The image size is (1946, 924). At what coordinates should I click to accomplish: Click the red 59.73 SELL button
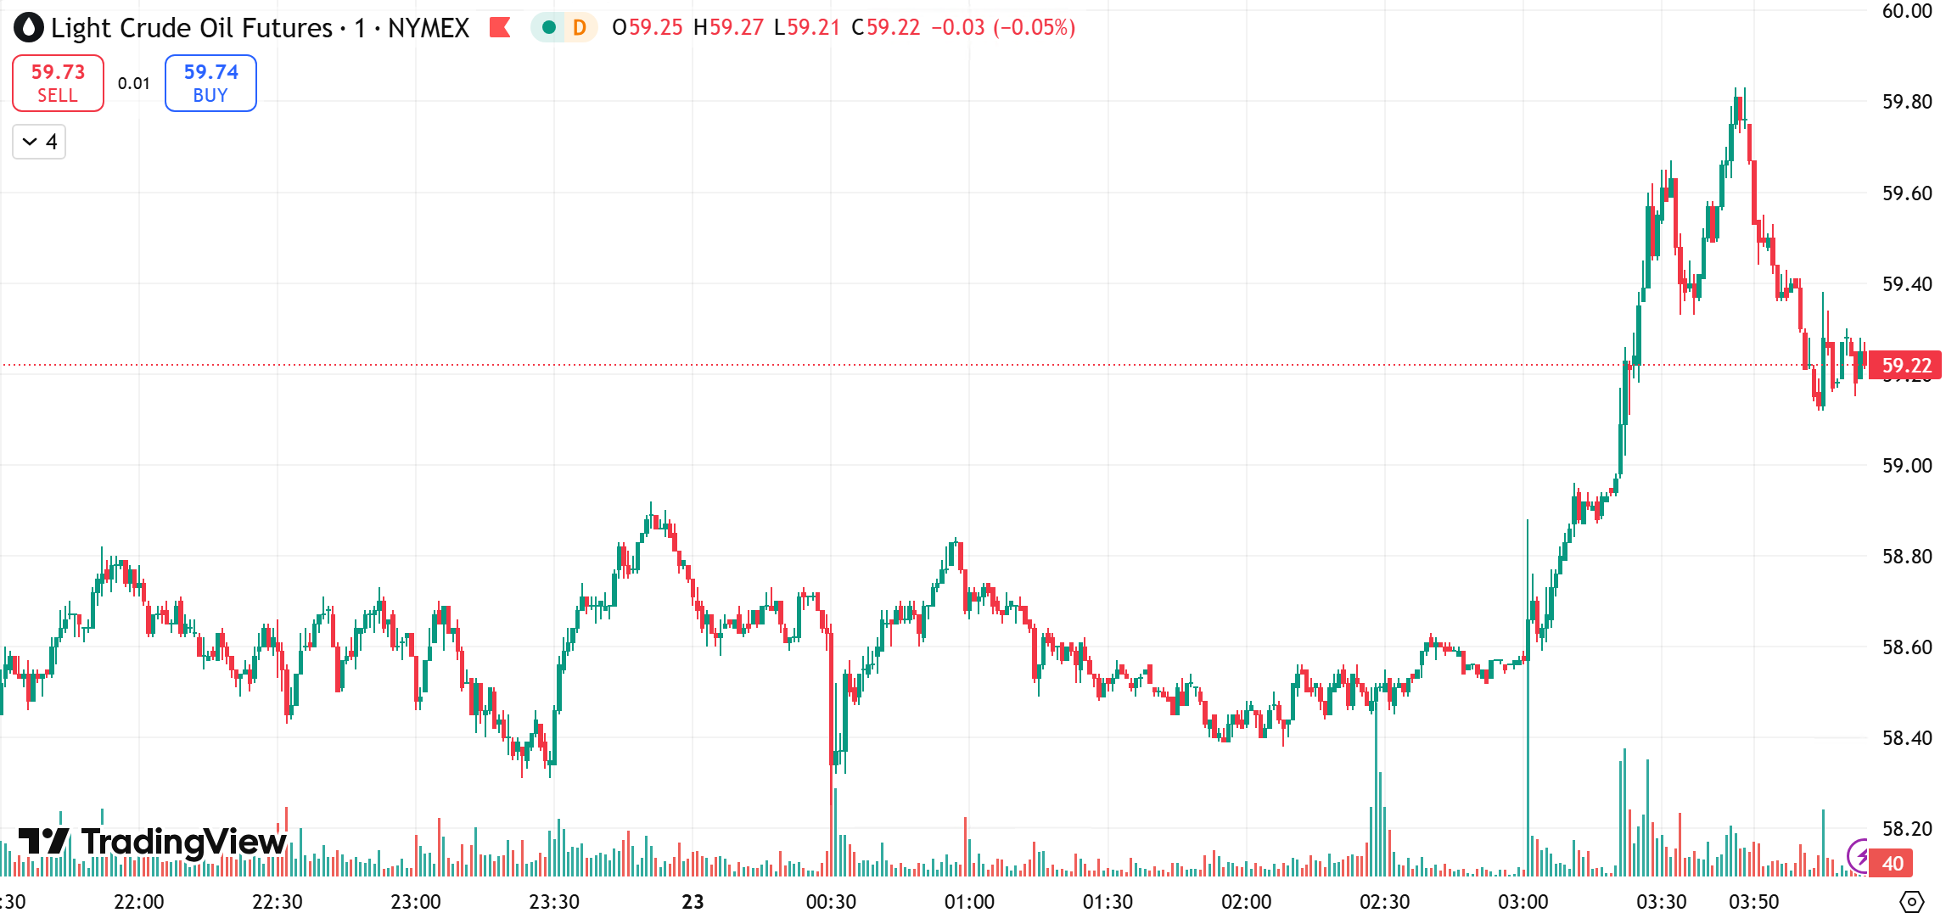[58, 83]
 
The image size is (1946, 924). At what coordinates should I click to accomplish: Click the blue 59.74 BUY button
[210, 83]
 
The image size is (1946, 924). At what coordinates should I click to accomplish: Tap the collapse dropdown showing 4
[39, 142]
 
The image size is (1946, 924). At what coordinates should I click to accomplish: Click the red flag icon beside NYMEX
[500, 28]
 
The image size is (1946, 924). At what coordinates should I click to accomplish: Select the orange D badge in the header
[580, 28]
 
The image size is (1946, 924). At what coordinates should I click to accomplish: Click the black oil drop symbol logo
[28, 28]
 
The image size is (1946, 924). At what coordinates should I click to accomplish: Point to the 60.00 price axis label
[1906, 11]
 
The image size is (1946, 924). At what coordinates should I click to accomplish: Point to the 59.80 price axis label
[1906, 102]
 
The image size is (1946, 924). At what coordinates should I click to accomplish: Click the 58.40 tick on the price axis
[1906, 738]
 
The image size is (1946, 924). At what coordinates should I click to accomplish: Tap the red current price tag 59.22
[1905, 366]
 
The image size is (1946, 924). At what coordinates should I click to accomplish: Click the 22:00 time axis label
[138, 902]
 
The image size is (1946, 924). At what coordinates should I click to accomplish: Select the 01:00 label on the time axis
[969, 902]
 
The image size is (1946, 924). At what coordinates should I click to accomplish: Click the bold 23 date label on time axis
[693, 902]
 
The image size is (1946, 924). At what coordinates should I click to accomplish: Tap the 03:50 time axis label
[1753, 902]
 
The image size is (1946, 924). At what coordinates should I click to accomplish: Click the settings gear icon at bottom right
[1911, 902]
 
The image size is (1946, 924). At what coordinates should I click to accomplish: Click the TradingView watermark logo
[153, 842]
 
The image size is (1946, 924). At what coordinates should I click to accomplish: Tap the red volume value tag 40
[1893, 864]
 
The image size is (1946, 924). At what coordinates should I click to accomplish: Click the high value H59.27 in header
[728, 28]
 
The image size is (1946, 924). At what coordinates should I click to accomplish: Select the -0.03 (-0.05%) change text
[1003, 28]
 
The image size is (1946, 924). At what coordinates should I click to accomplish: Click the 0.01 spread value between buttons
[134, 83]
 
